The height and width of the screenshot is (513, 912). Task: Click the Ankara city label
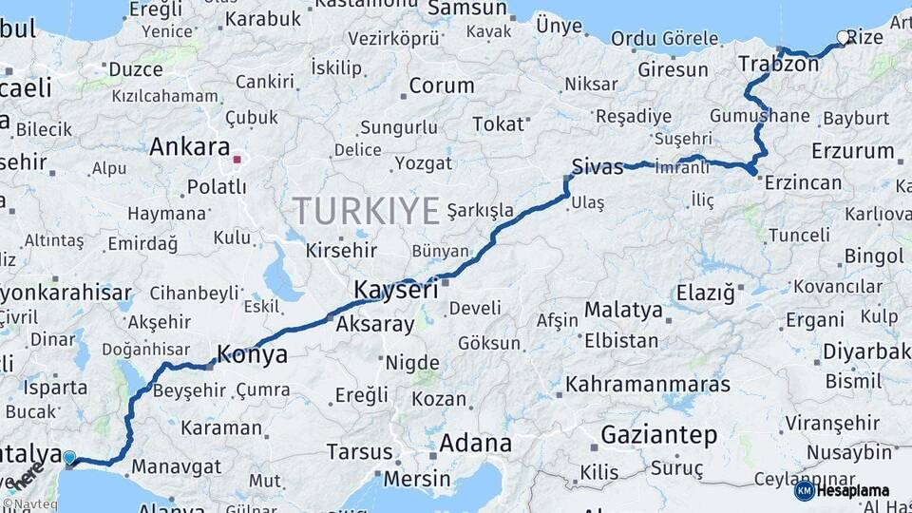click(190, 147)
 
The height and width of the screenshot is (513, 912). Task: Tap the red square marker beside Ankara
click(237, 159)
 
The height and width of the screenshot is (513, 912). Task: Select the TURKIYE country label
click(366, 210)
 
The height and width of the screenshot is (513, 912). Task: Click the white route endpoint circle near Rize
click(842, 38)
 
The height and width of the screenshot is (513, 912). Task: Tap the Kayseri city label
click(396, 289)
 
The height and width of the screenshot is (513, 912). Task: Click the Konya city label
click(252, 355)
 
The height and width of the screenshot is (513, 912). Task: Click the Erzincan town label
click(803, 182)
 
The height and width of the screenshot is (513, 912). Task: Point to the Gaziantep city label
click(658, 435)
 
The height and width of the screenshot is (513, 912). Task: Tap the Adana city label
click(475, 443)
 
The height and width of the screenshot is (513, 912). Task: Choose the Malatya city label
click(623, 310)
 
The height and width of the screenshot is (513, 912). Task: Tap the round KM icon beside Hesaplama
click(804, 490)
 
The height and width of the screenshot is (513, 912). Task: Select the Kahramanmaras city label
click(648, 385)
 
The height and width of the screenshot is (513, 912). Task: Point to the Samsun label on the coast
click(467, 9)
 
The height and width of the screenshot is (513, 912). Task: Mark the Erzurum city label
click(853, 151)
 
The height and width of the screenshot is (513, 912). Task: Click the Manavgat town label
click(176, 467)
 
